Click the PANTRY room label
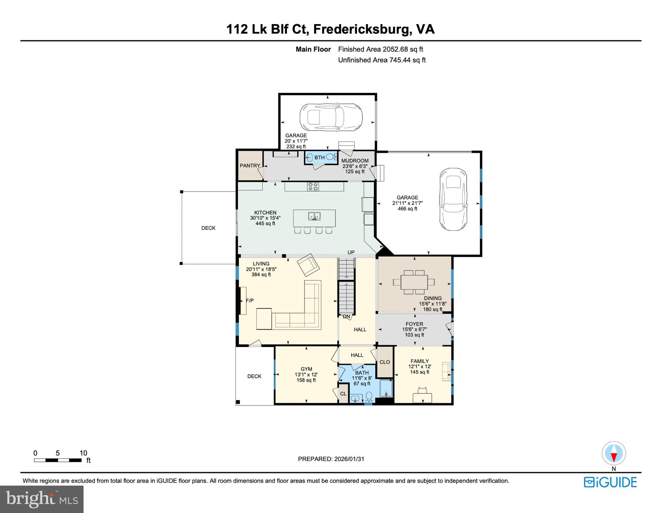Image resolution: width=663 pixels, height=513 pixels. pyautogui.click(x=250, y=166)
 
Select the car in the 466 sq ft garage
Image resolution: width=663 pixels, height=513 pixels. pyautogui.click(x=453, y=199)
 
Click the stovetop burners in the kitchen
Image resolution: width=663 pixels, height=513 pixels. pyautogui.click(x=313, y=186)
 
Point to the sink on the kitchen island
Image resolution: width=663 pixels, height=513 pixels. pyautogui.click(x=314, y=216)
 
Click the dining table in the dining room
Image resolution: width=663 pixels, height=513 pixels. pyautogui.click(x=414, y=282)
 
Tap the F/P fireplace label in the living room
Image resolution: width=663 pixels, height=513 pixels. pyautogui.click(x=250, y=301)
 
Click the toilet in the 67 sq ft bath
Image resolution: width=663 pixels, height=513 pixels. pyautogui.click(x=369, y=397)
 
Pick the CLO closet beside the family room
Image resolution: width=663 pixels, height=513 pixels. pyautogui.click(x=385, y=362)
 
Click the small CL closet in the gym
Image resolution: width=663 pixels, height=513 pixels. pyautogui.click(x=343, y=394)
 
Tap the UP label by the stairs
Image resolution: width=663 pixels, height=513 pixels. pyautogui.click(x=351, y=252)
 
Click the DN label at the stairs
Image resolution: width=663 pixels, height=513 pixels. pyautogui.click(x=346, y=317)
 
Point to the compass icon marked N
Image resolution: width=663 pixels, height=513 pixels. pyautogui.click(x=614, y=454)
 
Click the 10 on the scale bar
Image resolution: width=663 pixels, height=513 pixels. pyautogui.click(x=83, y=453)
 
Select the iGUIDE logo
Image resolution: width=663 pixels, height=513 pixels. pyautogui.click(x=610, y=482)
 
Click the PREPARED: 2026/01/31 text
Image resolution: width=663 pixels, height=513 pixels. pyautogui.click(x=331, y=459)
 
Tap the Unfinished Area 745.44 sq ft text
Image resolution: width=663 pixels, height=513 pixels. pyautogui.click(x=382, y=60)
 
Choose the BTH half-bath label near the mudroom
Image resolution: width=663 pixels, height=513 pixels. pyautogui.click(x=319, y=158)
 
